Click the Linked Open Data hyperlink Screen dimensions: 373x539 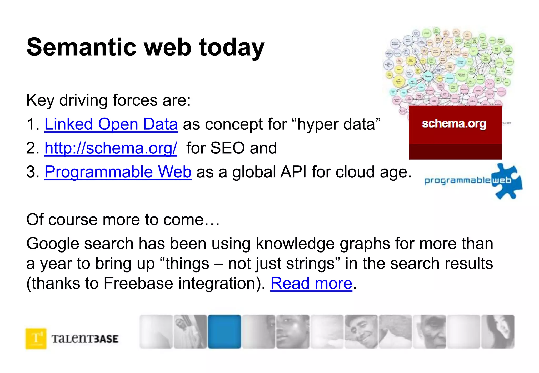pyautogui.click(x=111, y=124)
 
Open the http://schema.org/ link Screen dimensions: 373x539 pyautogui.click(x=111, y=148)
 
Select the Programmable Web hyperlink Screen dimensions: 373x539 pyautogui.click(x=118, y=172)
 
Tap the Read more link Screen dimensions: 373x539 pyautogui.click(x=311, y=283)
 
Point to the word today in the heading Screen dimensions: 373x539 pyautogui.click(x=232, y=48)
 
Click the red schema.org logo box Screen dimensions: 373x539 pyautogui.click(x=455, y=132)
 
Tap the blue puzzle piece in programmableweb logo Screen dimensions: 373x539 pyautogui.click(x=505, y=181)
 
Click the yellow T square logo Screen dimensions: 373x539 pyautogui.click(x=36, y=338)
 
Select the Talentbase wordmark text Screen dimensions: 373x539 pyautogui.click(x=85, y=339)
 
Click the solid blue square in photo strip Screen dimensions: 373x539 pyautogui.click(x=224, y=331)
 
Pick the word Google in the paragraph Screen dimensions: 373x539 pyautogui.click(x=53, y=243)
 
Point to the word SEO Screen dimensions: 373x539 pyautogui.click(x=227, y=148)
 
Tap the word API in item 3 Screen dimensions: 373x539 pyautogui.click(x=293, y=172)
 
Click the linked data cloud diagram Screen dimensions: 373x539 pyautogui.click(x=447, y=68)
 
